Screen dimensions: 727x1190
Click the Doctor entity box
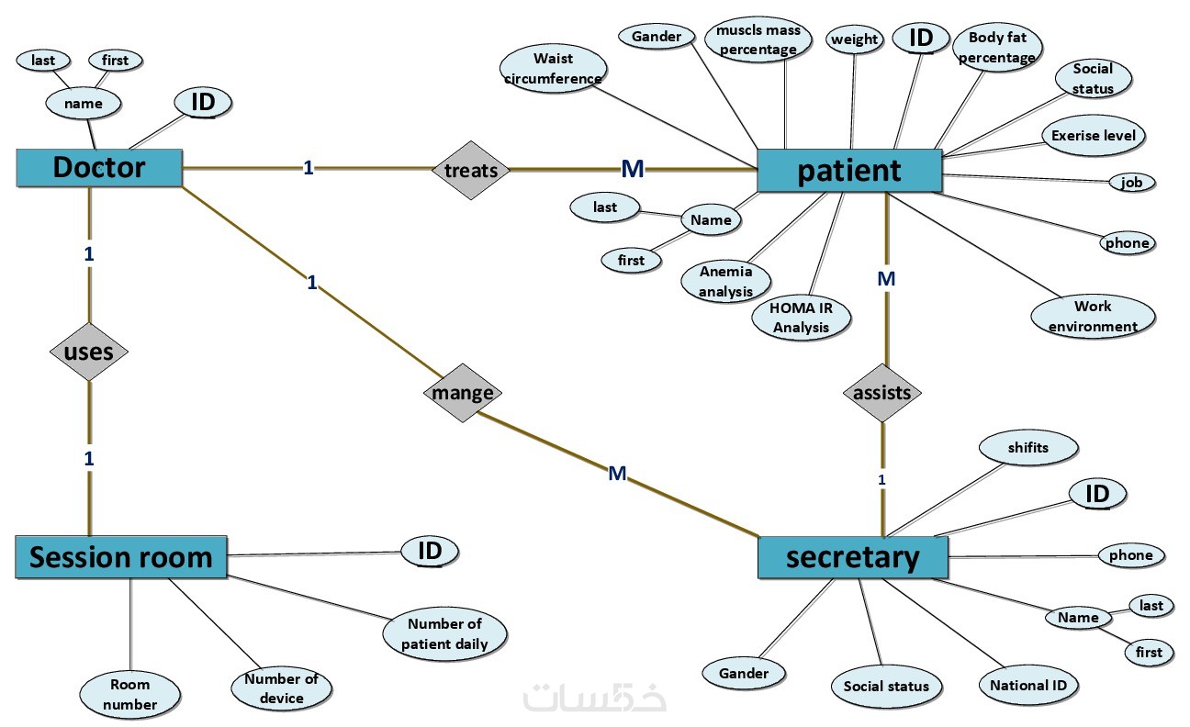pos(98,168)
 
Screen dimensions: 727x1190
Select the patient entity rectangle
pos(849,171)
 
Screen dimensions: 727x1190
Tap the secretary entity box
pos(852,557)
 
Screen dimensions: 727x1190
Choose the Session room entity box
pos(121,556)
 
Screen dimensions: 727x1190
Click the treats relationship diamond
pos(470,170)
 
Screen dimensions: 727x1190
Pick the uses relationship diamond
pos(88,352)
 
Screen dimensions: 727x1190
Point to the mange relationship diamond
pos(463,393)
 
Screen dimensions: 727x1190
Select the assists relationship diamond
pos(881,393)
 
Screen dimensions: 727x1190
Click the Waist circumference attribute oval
pos(554,69)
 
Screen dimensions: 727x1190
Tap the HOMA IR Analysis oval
pos(801,318)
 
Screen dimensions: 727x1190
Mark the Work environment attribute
pos(1093,316)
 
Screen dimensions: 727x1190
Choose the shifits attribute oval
pos(1027,448)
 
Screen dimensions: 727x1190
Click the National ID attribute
pos(1027,685)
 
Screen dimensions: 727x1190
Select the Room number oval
pos(129,695)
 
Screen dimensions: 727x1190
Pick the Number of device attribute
pos(281,688)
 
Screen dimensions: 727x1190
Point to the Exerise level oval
pos(1094,136)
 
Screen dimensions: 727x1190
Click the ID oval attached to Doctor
pos(203,103)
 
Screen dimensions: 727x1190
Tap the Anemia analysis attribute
pos(725,281)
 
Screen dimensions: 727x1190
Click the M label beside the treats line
pos(633,168)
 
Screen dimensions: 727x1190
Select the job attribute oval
pos(1131,183)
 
